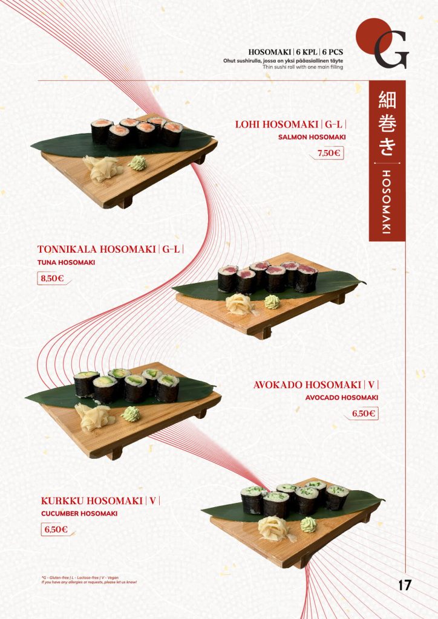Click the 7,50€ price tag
pos(329,153)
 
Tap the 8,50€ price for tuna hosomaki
pos(51,279)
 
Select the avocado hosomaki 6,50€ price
pos(364,414)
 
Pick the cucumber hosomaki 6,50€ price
pos(55,530)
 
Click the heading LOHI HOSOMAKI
pos(277,125)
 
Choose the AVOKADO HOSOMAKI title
pos(307,385)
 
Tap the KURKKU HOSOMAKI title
pos(92,501)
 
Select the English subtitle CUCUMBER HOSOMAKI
pos(79,513)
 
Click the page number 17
pos(405,585)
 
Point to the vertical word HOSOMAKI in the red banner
pos(387,201)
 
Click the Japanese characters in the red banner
pos(387,123)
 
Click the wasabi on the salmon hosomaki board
pos(138,163)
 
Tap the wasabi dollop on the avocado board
pos(131,414)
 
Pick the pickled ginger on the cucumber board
pos(273,528)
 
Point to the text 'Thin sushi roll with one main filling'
pos(302,67)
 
